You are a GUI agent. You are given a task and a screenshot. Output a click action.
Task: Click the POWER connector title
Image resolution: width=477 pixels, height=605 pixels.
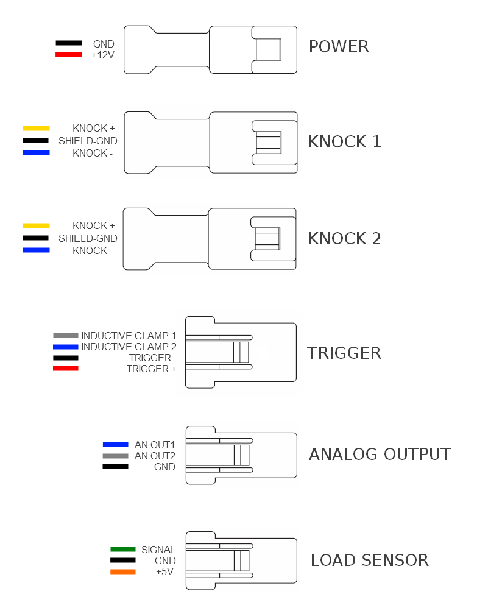click(339, 47)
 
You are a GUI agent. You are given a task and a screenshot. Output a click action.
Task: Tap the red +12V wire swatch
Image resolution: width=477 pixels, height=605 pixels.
click(69, 54)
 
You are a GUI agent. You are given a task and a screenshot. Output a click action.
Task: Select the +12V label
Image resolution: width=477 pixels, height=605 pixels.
click(103, 55)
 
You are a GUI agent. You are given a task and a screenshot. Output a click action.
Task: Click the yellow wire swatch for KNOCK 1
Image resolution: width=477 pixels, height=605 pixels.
click(37, 128)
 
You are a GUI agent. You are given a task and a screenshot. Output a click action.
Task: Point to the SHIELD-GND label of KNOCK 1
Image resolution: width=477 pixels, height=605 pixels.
click(88, 141)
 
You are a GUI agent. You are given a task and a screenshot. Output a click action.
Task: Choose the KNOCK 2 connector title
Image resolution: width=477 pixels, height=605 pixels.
click(345, 238)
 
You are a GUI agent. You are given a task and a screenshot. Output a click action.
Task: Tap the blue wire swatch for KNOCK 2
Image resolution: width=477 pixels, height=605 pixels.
click(37, 250)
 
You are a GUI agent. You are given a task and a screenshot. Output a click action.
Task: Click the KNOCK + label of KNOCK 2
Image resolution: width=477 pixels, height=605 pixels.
click(94, 225)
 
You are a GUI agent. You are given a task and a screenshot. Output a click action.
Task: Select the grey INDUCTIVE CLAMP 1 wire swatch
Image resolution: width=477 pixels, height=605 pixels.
click(66, 336)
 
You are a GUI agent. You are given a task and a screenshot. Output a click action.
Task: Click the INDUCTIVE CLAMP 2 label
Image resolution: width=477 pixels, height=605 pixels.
click(129, 347)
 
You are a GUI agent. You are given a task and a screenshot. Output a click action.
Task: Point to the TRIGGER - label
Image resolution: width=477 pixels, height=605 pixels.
click(152, 358)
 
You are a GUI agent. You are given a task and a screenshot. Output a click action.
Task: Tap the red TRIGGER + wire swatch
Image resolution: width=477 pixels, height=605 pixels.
click(66, 369)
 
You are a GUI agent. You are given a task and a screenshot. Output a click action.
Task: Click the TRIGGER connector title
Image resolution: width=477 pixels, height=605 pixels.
click(344, 353)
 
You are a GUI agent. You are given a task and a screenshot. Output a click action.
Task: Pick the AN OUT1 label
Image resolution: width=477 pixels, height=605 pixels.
click(154, 445)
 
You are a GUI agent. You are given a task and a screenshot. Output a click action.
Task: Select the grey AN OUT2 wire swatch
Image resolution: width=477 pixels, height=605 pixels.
click(115, 456)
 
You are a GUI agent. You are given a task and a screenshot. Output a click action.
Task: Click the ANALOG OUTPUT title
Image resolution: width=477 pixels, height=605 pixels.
click(380, 454)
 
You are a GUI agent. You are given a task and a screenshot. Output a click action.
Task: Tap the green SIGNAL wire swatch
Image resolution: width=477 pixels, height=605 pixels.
click(122, 549)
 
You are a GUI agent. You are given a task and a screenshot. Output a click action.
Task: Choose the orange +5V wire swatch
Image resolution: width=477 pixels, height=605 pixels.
click(122, 571)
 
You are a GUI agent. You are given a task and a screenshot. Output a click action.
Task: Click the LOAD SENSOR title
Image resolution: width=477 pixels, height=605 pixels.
click(370, 561)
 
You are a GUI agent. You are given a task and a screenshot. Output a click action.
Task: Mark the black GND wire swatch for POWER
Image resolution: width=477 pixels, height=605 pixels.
click(69, 43)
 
